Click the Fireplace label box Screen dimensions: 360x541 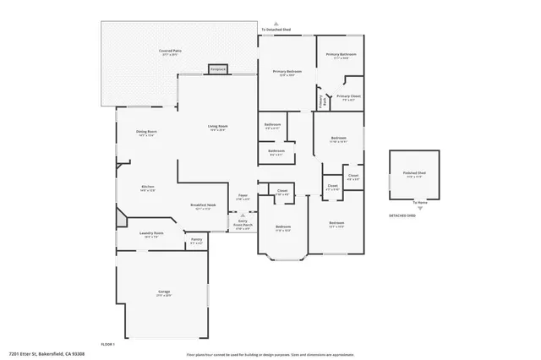218,68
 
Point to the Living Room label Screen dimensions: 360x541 218,128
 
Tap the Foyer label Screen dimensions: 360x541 243,197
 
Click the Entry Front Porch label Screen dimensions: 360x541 243,225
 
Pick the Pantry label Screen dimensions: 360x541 196,241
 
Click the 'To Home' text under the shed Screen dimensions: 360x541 420,203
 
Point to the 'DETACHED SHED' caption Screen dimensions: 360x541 402,215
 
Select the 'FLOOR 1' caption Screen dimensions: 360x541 107,344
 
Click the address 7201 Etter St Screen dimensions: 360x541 46,354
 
